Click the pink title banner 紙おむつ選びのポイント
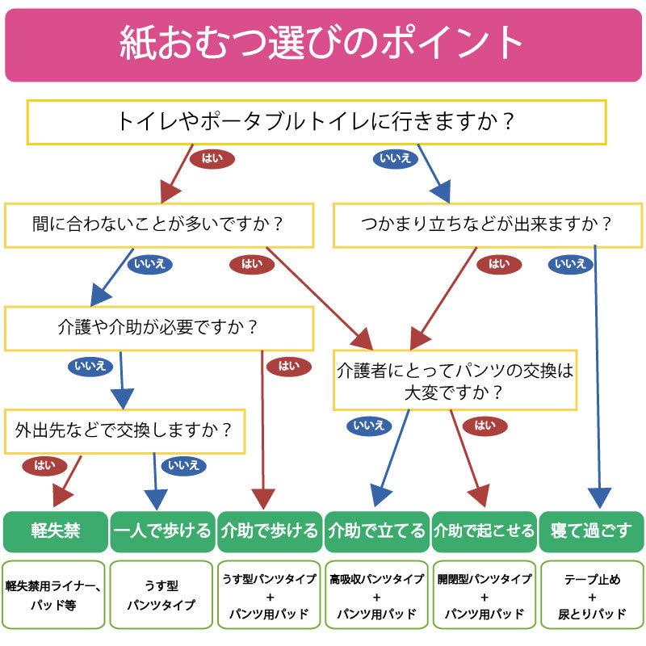[323, 44]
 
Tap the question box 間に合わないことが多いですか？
[159, 224]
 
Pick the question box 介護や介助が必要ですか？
[159, 327]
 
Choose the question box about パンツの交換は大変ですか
[455, 381]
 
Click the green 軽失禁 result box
[55, 531]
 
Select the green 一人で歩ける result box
[162, 531]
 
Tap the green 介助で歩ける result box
[270, 531]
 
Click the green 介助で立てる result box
[376, 531]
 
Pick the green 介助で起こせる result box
[484, 531]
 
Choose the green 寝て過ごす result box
[591, 531]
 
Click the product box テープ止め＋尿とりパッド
[591, 595]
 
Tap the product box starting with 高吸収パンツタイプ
[376, 595]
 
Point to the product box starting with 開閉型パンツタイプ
[484, 595]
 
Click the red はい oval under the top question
[212, 158]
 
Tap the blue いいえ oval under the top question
[396, 158]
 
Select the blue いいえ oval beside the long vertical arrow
[571, 263]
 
